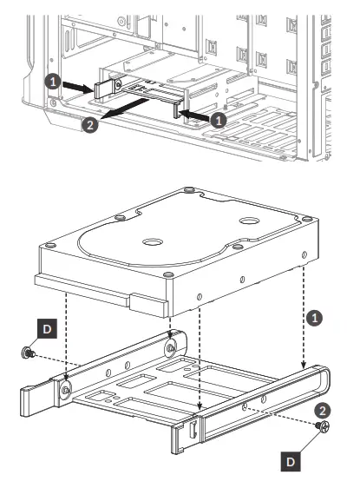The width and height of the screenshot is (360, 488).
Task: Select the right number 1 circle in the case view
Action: coord(220,119)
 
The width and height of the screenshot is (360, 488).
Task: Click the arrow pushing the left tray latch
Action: coord(78,86)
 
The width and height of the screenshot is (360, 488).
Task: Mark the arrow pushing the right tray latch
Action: coord(196,115)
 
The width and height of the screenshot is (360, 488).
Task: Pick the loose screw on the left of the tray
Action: coord(27,354)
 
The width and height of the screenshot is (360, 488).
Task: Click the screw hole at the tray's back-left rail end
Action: coord(169,348)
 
